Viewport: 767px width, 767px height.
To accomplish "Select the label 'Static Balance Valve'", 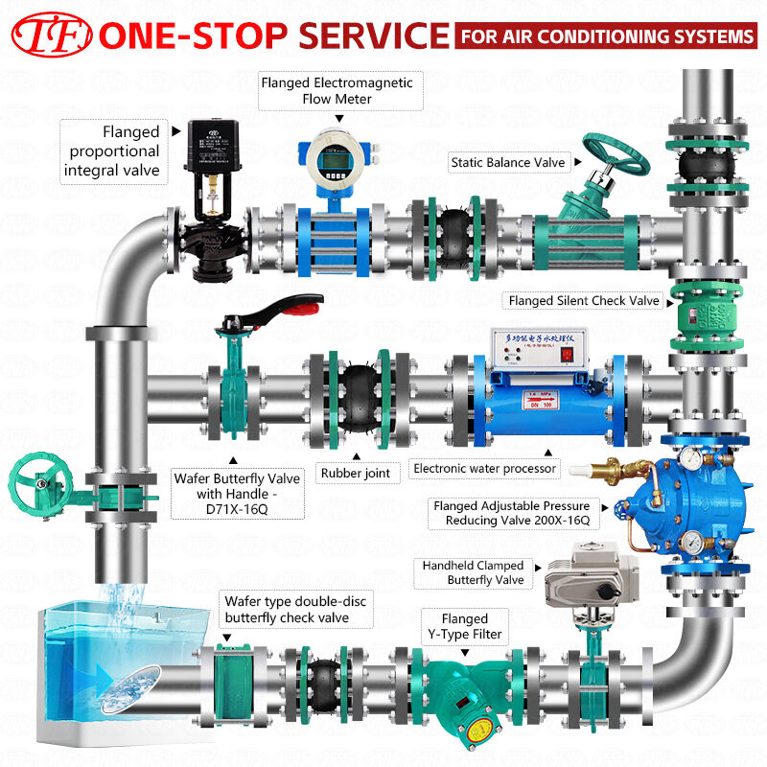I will (x=507, y=163).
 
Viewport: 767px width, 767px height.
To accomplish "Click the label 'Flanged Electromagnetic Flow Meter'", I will (x=337, y=90).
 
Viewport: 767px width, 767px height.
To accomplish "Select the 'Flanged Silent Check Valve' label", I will (x=584, y=301).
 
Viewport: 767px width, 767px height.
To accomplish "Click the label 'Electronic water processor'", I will (x=483, y=469).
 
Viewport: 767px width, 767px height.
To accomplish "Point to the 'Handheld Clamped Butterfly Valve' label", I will (x=473, y=573).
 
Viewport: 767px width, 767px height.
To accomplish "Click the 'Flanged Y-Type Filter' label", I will (x=464, y=626).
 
